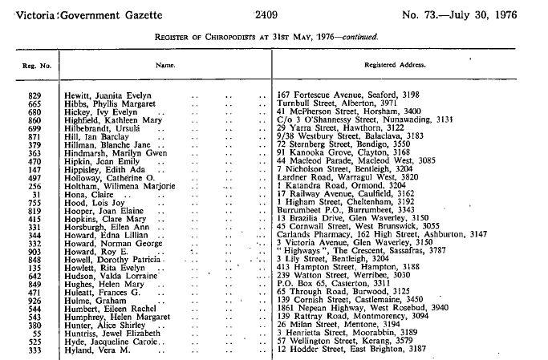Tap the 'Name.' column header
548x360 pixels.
165,63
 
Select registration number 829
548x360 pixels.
35,95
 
